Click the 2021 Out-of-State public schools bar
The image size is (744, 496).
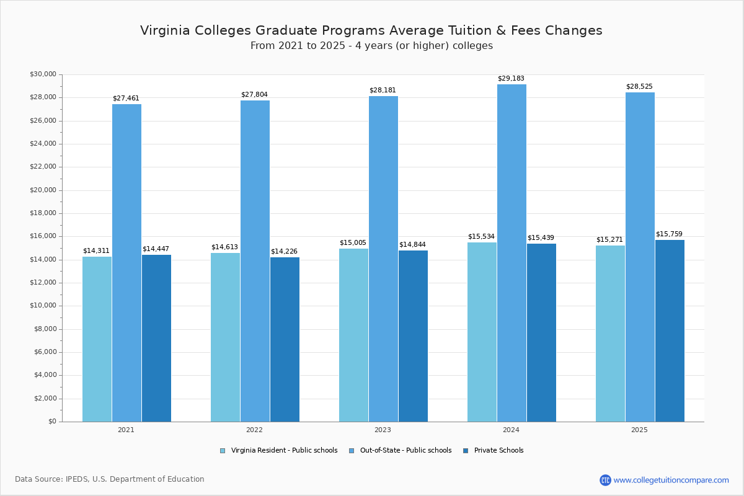tap(126, 263)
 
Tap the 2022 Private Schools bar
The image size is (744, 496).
tap(285, 339)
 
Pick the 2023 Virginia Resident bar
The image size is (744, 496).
tap(353, 335)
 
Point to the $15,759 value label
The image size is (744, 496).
tap(669, 234)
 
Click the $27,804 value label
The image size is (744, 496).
tap(254, 95)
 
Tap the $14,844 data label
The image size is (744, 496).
tap(412, 245)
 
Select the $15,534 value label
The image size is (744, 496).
tap(481, 237)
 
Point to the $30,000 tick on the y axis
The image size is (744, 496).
tap(43, 74)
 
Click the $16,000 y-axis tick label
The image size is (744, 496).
tap(43, 236)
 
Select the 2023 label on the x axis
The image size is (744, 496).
tap(383, 430)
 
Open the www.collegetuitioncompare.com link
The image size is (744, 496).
tap(671, 480)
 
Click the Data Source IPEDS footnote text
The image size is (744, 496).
tap(110, 479)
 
